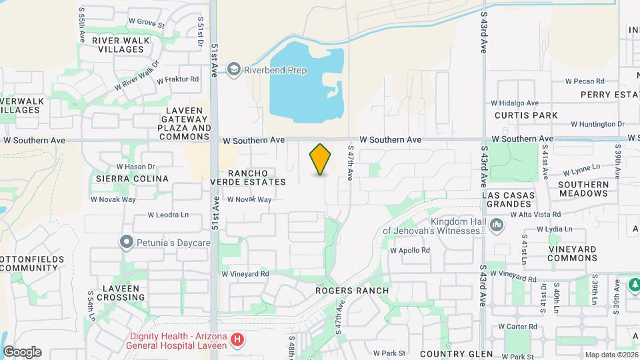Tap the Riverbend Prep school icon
[x=233, y=69]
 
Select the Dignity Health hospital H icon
[x=237, y=341]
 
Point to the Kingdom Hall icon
[x=496, y=226]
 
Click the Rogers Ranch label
[x=353, y=291]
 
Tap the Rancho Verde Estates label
[x=248, y=177]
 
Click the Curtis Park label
[x=526, y=115]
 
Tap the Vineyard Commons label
[x=572, y=253]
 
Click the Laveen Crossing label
[x=121, y=293]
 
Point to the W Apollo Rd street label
[x=409, y=251]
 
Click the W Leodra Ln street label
[x=168, y=215]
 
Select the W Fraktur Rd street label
[x=178, y=79]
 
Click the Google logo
[x=22, y=351]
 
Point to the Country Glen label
[x=457, y=354]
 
